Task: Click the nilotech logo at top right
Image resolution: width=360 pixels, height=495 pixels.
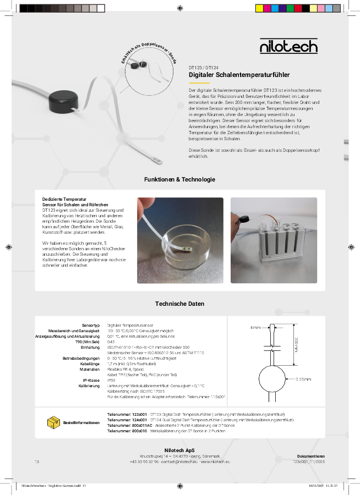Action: tap(288, 46)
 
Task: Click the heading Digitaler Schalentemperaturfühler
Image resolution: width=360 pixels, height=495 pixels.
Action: tap(239, 74)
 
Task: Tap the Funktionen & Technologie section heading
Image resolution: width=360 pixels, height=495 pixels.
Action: tap(179, 180)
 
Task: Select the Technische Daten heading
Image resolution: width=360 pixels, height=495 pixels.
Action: tap(179, 304)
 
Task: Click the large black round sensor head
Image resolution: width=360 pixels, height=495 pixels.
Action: tap(63, 101)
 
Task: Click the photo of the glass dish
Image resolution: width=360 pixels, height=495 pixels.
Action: tap(181, 240)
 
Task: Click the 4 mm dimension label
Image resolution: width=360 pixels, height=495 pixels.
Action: tap(255, 328)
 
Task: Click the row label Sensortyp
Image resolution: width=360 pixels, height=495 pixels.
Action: tap(90, 326)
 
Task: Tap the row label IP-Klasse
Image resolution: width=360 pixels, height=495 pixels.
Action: tap(91, 380)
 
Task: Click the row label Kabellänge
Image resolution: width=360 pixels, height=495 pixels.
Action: tap(90, 364)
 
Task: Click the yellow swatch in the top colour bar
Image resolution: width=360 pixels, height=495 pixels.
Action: tap(259, 8)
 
